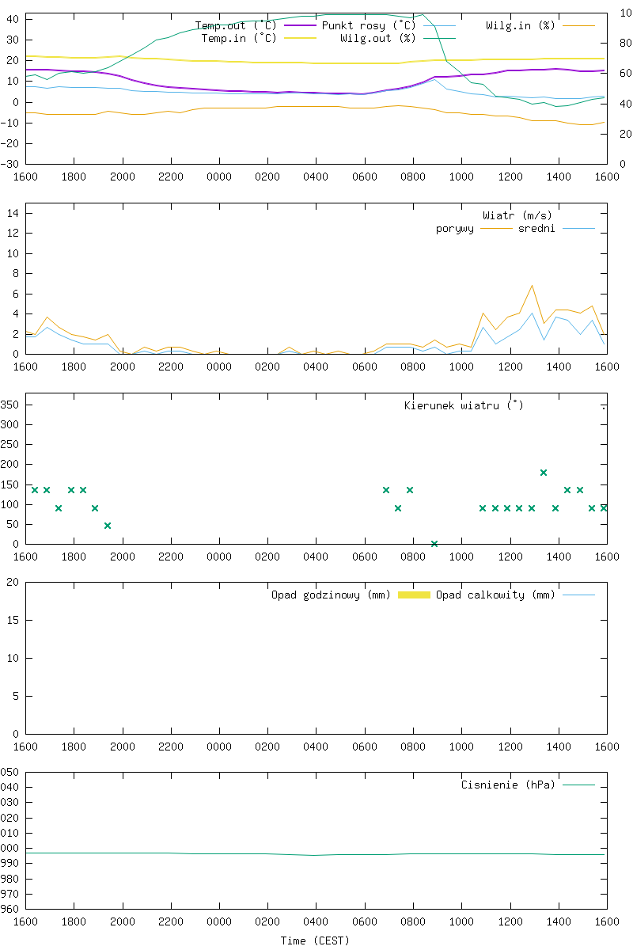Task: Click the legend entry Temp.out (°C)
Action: point(236,25)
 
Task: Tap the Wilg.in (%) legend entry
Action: point(520,25)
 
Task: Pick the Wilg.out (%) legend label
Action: point(377,37)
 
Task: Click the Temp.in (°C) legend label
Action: point(239,37)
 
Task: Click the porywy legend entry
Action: point(455,229)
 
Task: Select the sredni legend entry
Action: point(536,229)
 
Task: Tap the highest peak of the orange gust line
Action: point(532,285)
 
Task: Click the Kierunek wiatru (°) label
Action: point(464,405)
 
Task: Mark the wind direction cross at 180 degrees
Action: point(544,473)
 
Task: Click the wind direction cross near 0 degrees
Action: point(434,544)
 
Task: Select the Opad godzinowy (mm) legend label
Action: point(331,595)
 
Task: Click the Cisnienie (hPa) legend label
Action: point(508,785)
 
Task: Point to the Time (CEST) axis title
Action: point(315,940)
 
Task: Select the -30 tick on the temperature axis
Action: point(11,164)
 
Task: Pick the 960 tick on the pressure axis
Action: point(9,909)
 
